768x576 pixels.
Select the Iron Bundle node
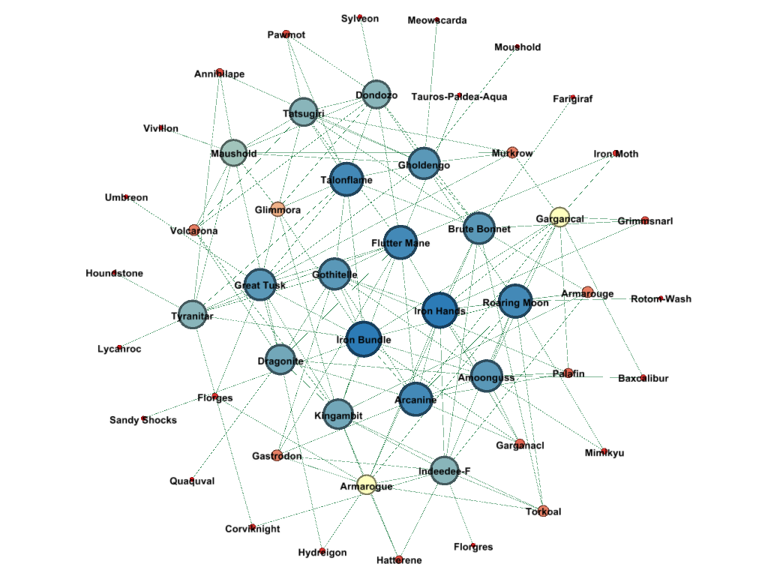(364, 339)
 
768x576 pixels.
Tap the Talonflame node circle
(346, 180)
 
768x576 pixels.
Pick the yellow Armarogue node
(366, 485)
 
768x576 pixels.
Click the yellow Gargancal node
(559, 217)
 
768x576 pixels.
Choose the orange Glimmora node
(278, 208)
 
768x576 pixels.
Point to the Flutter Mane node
(400, 242)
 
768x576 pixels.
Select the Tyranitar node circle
(193, 315)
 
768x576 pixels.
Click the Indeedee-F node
(444, 471)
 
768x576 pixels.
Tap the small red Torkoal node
(543, 511)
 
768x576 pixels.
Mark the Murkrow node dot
(512, 152)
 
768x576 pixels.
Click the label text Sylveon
(360, 19)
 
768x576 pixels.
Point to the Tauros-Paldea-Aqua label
(459, 97)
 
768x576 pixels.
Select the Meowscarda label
(437, 20)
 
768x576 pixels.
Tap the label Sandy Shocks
(143, 420)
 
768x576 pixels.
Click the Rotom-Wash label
(661, 298)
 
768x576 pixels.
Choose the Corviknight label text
(253, 529)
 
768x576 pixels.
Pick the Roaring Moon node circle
(515, 301)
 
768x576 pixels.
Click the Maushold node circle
(234, 153)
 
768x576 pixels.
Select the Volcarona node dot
(194, 229)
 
